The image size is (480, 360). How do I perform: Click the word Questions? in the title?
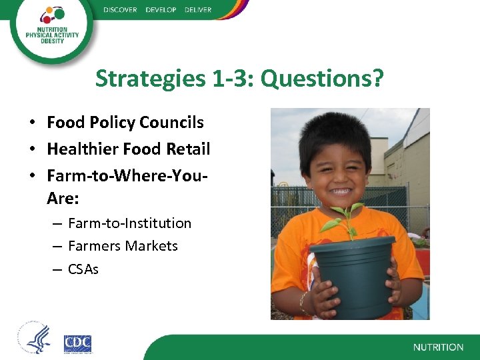(322, 79)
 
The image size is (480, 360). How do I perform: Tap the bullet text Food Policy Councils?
(125, 123)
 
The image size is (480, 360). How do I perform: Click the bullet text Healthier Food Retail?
(129, 149)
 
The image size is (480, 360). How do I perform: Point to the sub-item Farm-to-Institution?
(129, 223)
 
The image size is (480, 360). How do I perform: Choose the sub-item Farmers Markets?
(123, 246)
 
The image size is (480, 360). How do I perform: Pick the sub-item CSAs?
(83, 269)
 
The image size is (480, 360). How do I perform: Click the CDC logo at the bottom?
(77, 344)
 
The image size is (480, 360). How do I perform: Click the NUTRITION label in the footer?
(438, 347)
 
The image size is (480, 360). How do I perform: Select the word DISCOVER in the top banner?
(120, 10)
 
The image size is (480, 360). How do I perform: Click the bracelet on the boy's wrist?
(304, 303)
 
